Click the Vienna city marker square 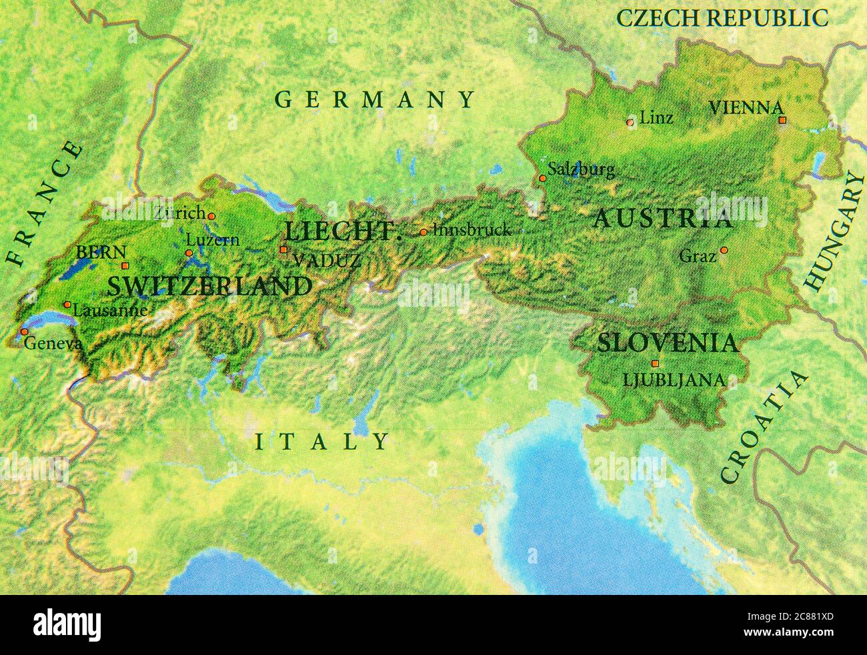(782, 120)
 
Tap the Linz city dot (630, 122)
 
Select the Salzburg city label (581, 169)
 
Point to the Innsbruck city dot (423, 232)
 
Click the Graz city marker (724, 251)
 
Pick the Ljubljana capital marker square (655, 364)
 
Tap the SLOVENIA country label (668, 343)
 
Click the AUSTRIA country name (663, 219)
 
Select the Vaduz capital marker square (283, 250)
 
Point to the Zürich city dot (211, 215)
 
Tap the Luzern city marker (189, 253)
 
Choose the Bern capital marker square (125, 265)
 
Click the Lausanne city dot (67, 304)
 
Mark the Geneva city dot (24, 332)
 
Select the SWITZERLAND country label (209, 287)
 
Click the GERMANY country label (375, 100)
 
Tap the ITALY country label (322, 442)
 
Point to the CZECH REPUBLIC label (722, 18)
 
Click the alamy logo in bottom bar (67, 626)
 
